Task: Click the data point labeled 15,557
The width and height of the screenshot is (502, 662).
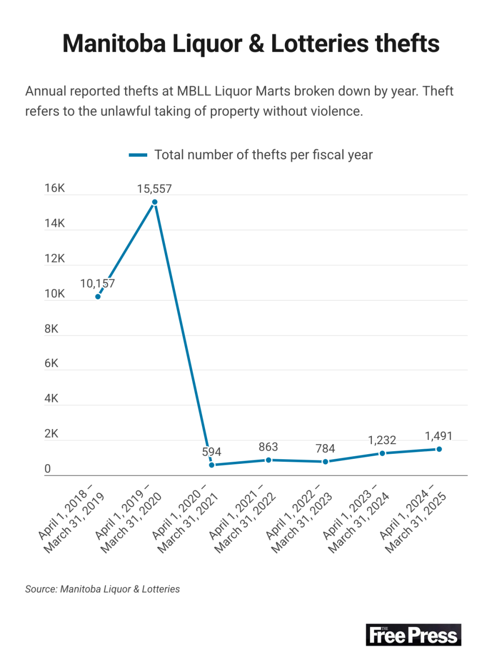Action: pos(155,202)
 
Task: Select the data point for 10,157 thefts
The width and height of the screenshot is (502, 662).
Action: pos(98,297)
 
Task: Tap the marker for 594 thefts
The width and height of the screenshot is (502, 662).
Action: pos(212,465)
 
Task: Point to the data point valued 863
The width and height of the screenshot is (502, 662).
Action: pos(268,460)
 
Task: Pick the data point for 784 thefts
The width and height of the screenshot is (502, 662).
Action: pos(325,462)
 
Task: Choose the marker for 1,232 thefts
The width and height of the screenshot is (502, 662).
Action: pos(382,454)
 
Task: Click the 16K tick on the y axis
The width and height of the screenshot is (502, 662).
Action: pos(55,188)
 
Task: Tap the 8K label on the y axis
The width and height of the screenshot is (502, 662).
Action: pos(51,329)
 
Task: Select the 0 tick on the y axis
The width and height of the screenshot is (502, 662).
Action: pos(48,469)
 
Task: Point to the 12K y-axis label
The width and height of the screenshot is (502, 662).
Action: pos(55,259)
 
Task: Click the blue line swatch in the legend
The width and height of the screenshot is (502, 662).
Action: pos(138,155)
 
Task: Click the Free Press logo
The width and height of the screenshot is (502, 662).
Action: pos(413,635)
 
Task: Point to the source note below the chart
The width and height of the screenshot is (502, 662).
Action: pos(103,589)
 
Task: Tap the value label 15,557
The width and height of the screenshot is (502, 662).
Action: pos(154,189)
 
